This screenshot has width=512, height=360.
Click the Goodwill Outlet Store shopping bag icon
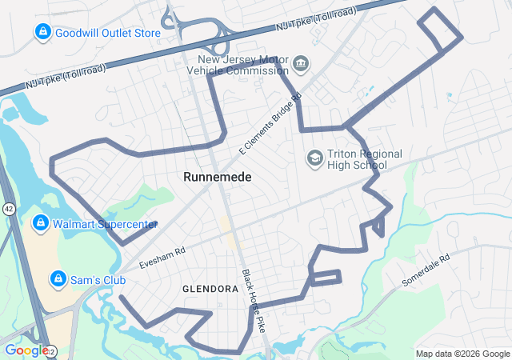[x=42, y=32]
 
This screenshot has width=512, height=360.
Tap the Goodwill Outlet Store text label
[x=109, y=33]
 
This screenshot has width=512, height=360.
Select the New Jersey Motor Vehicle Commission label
[x=242, y=66]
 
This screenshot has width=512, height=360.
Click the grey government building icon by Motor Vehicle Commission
[x=301, y=62]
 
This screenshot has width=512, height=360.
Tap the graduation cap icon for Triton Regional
[x=314, y=157]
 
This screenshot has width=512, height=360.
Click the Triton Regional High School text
[x=358, y=159]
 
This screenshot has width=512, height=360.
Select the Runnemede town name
[x=217, y=177]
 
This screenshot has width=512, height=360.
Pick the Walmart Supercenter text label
[x=106, y=225]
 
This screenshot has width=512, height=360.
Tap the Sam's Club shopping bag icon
[x=58, y=278]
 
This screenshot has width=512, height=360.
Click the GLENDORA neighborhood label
[x=210, y=289]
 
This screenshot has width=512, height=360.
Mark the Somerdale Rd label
[x=426, y=270]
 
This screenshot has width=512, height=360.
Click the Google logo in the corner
[x=26, y=350]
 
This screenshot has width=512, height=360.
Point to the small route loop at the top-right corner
[x=441, y=30]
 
